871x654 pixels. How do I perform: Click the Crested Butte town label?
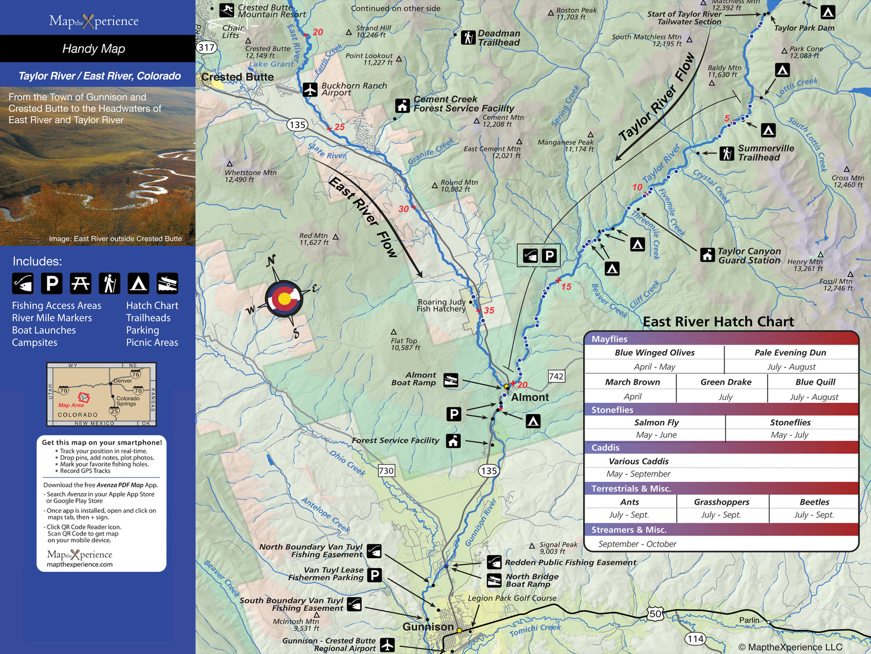[237, 77]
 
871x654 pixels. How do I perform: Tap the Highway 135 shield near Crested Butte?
[297, 125]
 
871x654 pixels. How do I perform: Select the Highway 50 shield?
[655, 614]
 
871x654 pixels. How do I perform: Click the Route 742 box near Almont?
[556, 376]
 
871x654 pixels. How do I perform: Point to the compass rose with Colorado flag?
[284, 298]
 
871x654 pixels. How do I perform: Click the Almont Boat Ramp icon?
[451, 380]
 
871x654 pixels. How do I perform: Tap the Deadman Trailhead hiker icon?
[468, 37]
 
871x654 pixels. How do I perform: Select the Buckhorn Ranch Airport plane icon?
[310, 89]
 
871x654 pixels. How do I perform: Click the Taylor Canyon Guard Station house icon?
[707, 255]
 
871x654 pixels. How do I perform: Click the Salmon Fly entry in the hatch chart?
[656, 422]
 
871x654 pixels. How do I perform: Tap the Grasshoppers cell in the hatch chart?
[721, 502]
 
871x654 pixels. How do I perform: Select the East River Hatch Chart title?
[718, 322]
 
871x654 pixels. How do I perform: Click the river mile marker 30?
[404, 209]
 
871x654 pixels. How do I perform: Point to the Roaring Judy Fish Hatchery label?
[441, 305]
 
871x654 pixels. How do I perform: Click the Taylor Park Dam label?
[803, 28]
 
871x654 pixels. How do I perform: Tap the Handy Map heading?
[94, 49]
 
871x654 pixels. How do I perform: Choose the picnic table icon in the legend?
[81, 283]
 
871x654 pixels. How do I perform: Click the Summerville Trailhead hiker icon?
[726, 153]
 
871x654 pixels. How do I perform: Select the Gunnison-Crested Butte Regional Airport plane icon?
[387, 644]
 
